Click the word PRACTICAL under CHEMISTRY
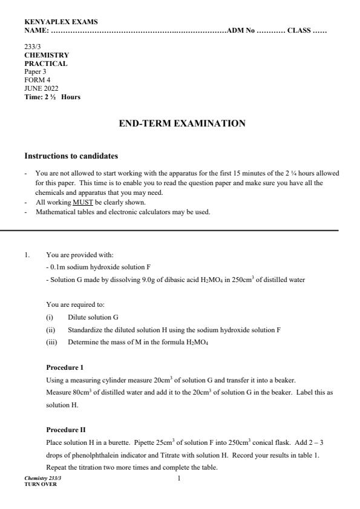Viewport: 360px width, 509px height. pos(46,63)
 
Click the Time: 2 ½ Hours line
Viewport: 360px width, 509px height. pos(52,97)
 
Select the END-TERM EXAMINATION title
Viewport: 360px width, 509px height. pos(180,123)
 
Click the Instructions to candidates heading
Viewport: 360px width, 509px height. pos(71,156)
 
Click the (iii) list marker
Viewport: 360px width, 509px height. pos(51,342)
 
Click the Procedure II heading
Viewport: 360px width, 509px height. pos(65,430)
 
